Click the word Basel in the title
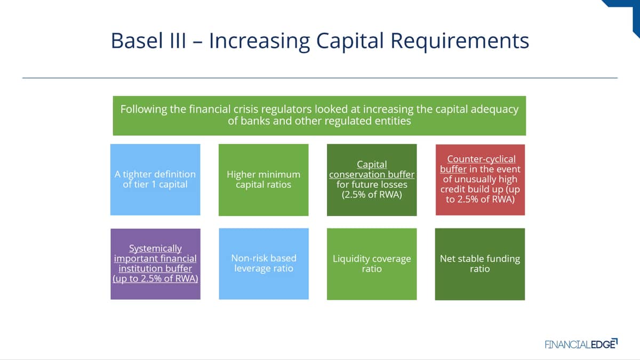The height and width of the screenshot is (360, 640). (x=137, y=41)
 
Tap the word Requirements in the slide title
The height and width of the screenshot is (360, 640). (x=460, y=42)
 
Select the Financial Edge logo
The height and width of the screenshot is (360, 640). (x=581, y=344)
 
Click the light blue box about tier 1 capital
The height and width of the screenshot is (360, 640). (x=155, y=179)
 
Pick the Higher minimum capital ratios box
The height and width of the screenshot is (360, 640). (x=263, y=180)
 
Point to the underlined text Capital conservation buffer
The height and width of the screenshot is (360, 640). (x=371, y=170)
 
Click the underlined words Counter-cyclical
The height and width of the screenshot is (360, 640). (x=482, y=159)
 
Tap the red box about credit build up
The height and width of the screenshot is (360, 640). (x=480, y=180)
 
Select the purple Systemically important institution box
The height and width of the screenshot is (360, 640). (x=155, y=263)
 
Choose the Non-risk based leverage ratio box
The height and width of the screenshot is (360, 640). (x=263, y=263)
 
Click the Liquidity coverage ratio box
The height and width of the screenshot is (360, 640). (x=372, y=264)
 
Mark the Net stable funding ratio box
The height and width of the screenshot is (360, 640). (x=480, y=264)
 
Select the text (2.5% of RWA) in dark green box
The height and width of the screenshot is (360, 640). (x=372, y=195)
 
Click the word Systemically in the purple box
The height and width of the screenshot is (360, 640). (x=155, y=249)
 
